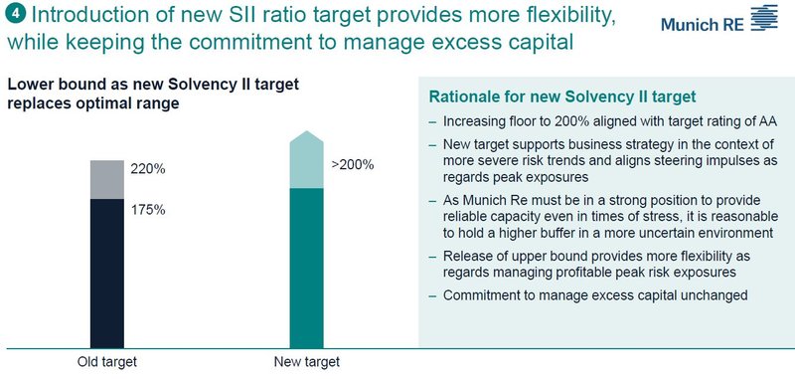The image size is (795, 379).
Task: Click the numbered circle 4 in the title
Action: [x=11, y=16]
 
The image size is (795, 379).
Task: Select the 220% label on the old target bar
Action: [x=147, y=169]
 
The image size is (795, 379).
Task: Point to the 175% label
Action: [x=147, y=210]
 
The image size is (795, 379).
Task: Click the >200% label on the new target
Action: [x=352, y=164]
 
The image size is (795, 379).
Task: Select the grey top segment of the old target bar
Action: [x=107, y=179]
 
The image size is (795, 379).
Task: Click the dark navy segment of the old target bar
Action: [x=107, y=274]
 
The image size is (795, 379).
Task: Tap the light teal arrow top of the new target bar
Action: [x=307, y=159]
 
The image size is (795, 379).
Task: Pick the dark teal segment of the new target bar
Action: [x=307, y=269]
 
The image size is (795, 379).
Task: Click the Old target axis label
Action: [x=107, y=360]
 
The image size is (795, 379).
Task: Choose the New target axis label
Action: [x=306, y=360]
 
